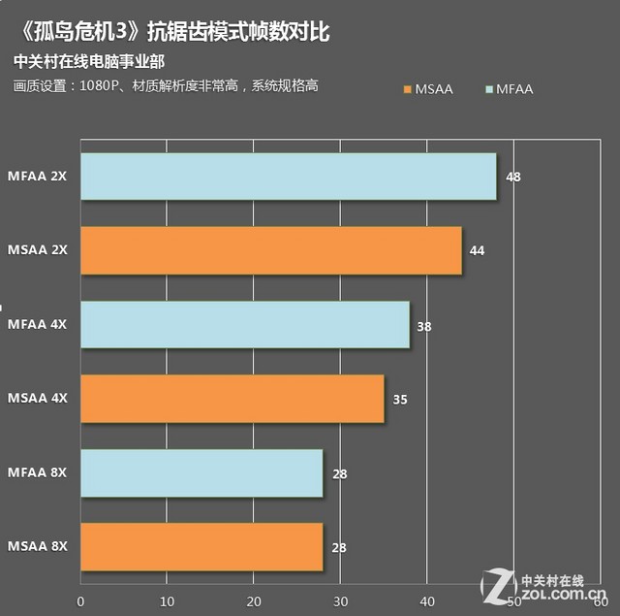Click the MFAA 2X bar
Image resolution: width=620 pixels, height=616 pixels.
click(288, 177)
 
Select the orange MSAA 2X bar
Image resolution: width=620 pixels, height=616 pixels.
click(270, 250)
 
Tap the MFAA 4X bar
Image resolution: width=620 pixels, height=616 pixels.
click(244, 325)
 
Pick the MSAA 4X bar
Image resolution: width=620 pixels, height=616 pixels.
click(232, 399)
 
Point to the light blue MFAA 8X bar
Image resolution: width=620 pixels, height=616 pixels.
click(201, 473)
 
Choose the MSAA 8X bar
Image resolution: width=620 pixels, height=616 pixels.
click(201, 547)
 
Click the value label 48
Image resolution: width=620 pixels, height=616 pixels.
click(513, 178)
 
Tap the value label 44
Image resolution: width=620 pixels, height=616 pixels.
click(477, 251)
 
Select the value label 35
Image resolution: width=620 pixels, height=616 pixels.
click(400, 400)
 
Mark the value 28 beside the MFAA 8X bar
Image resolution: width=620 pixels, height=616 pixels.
click(339, 474)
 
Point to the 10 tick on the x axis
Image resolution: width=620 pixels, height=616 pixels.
click(168, 601)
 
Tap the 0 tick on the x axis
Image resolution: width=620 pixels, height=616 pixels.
click(81, 601)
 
